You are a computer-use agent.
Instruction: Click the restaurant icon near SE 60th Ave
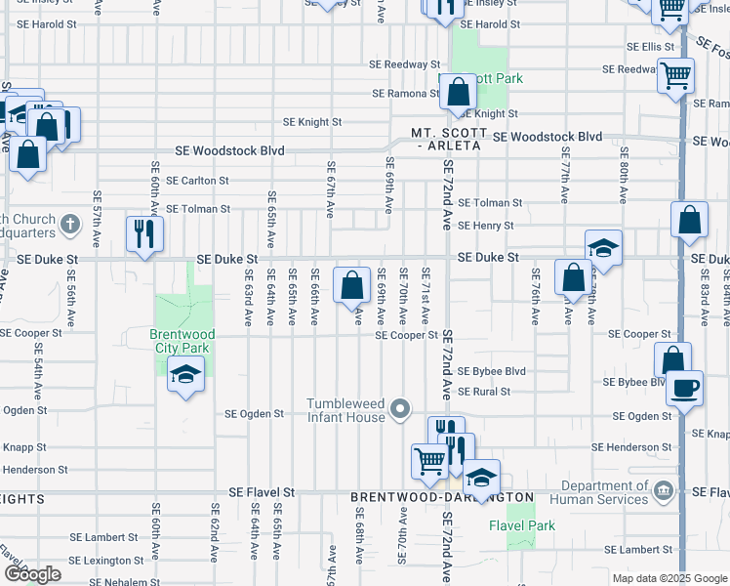(144, 233)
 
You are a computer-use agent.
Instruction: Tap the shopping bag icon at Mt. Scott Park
(458, 92)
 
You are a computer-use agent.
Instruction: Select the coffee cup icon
(685, 387)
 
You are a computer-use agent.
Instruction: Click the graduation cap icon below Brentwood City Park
(184, 375)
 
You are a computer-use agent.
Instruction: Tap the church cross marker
(68, 226)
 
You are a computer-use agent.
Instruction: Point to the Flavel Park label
(522, 525)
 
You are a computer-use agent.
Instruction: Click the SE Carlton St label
(197, 181)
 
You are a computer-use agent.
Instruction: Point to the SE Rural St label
(484, 392)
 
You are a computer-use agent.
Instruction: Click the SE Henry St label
(486, 226)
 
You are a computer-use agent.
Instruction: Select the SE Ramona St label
(405, 94)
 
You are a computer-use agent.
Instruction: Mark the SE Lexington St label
(106, 561)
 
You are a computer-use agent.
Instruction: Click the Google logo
(32, 575)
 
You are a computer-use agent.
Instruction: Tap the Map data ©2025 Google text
(669, 578)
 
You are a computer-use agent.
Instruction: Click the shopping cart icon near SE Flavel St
(429, 461)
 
